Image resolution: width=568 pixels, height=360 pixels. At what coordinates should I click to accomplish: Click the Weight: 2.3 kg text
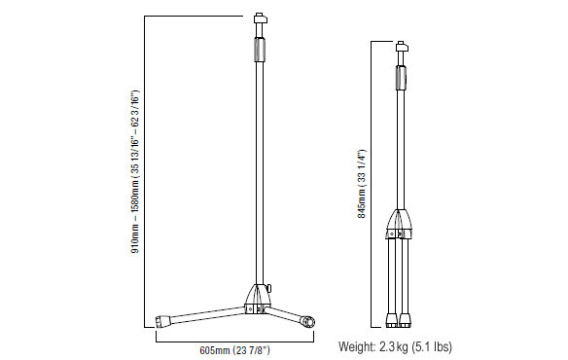tap(373, 346)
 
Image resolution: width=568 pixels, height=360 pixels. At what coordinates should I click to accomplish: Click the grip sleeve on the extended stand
tap(260, 50)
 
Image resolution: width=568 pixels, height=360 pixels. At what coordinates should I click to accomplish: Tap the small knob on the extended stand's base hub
tap(269, 288)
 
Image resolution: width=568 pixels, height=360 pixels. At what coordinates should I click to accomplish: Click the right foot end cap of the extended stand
tap(308, 322)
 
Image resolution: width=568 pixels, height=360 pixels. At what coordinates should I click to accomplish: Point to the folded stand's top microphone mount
tap(401, 47)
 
